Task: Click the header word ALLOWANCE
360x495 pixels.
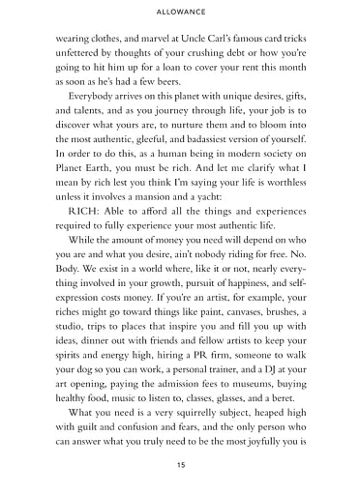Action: [x=180, y=13]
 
